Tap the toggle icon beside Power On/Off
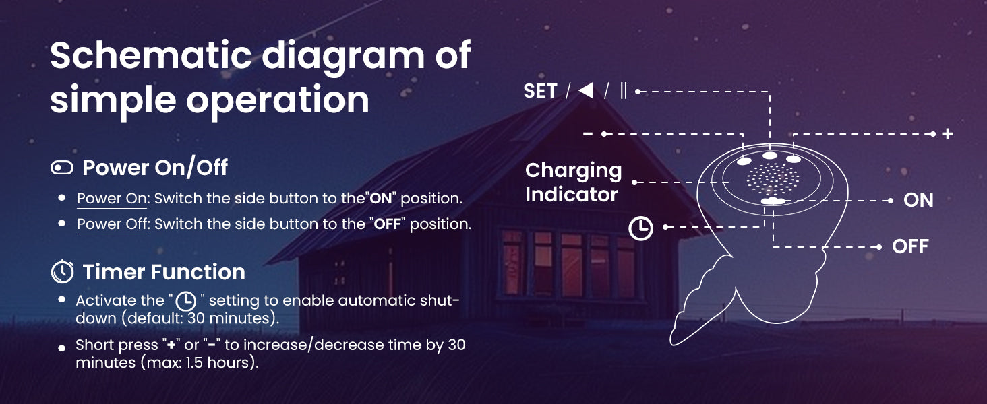pyautogui.click(x=62, y=168)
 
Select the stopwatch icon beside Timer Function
pyautogui.click(x=62, y=271)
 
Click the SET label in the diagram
pyautogui.click(x=540, y=91)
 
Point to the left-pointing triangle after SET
pyautogui.click(x=586, y=91)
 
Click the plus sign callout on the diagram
pyautogui.click(x=948, y=134)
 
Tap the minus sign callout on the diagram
pyautogui.click(x=588, y=133)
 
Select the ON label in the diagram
pyautogui.click(x=918, y=200)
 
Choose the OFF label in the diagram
pyautogui.click(x=910, y=246)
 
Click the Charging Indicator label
pyautogui.click(x=573, y=182)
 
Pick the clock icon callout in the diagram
pyautogui.click(x=640, y=228)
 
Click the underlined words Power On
pyautogui.click(x=111, y=199)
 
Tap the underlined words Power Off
pyautogui.click(x=112, y=224)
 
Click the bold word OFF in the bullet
pyautogui.click(x=387, y=224)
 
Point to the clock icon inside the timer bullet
pyautogui.click(x=186, y=301)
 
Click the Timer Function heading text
pyautogui.click(x=164, y=271)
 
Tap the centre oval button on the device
pyautogui.click(x=770, y=155)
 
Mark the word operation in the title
pyautogui.click(x=278, y=100)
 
